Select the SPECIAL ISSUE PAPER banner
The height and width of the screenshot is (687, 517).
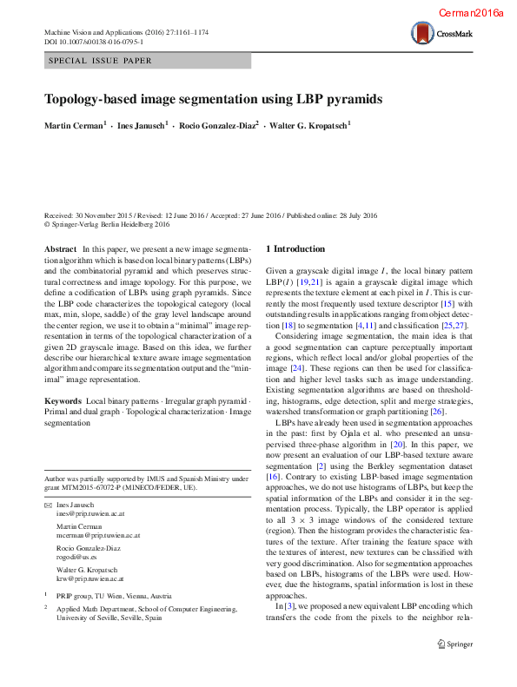tap(100, 61)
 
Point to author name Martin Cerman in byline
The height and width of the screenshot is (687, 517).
tap(75, 126)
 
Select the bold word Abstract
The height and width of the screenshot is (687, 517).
tap(60, 249)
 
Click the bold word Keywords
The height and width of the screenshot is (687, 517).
tap(63, 400)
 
